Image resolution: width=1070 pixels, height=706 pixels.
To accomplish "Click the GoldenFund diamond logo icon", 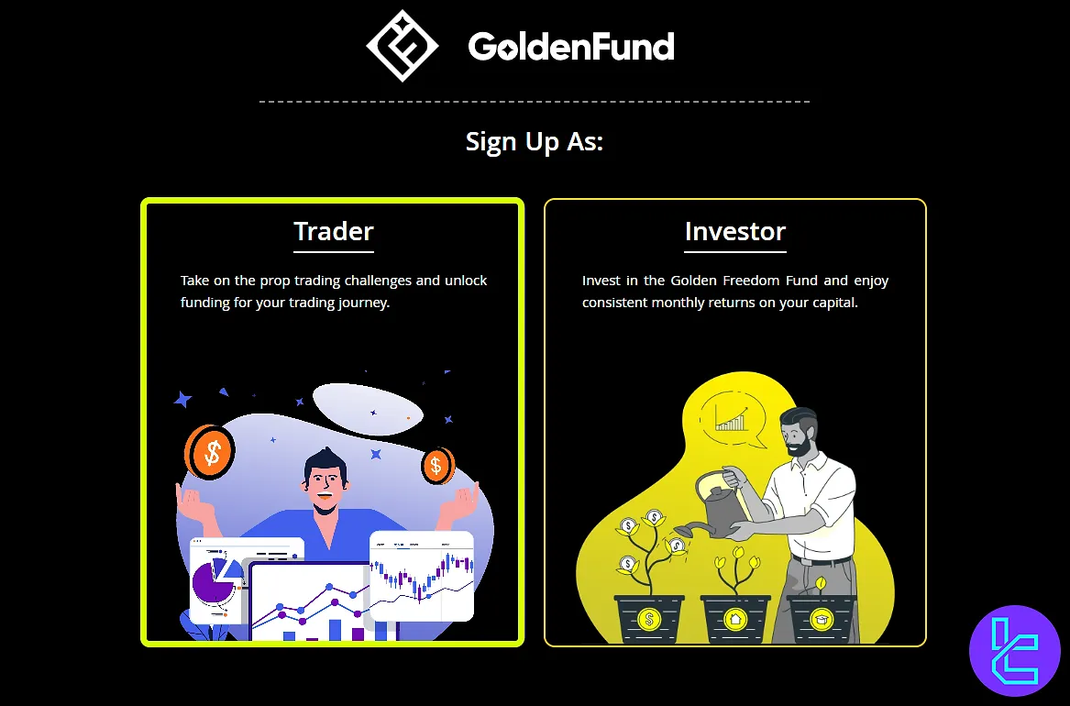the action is click(402, 46).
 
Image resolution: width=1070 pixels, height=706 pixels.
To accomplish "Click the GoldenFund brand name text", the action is click(571, 47).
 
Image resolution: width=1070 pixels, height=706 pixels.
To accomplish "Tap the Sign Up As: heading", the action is click(535, 142).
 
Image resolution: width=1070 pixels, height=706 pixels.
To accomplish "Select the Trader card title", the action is click(334, 231).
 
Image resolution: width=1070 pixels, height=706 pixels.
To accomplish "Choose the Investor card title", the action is click(735, 231).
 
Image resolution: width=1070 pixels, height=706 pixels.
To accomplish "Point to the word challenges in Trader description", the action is click(378, 281).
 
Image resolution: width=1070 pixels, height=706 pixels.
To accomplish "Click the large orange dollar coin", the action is click(210, 452).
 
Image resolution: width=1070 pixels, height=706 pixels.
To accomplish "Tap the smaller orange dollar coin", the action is click(436, 466).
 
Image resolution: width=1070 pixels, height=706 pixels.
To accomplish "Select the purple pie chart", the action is click(214, 582).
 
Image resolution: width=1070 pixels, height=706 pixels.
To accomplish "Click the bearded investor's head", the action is click(799, 431).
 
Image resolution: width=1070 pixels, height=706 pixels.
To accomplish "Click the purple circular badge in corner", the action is click(1015, 651).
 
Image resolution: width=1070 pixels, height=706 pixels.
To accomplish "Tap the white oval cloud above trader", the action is click(368, 409).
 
